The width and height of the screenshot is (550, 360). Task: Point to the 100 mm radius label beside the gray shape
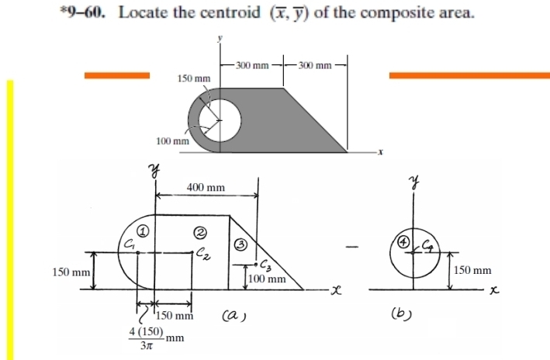[x=172, y=141]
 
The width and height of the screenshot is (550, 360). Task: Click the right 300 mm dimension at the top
[x=314, y=65]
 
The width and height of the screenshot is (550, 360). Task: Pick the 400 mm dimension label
[x=206, y=188]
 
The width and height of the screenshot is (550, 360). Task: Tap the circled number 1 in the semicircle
[x=143, y=230]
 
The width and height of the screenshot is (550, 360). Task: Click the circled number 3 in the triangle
[x=240, y=244]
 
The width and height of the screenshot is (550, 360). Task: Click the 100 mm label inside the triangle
[x=268, y=279]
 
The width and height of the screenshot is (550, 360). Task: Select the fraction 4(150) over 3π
[x=145, y=339]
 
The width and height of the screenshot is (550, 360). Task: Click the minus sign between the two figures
[x=353, y=248]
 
